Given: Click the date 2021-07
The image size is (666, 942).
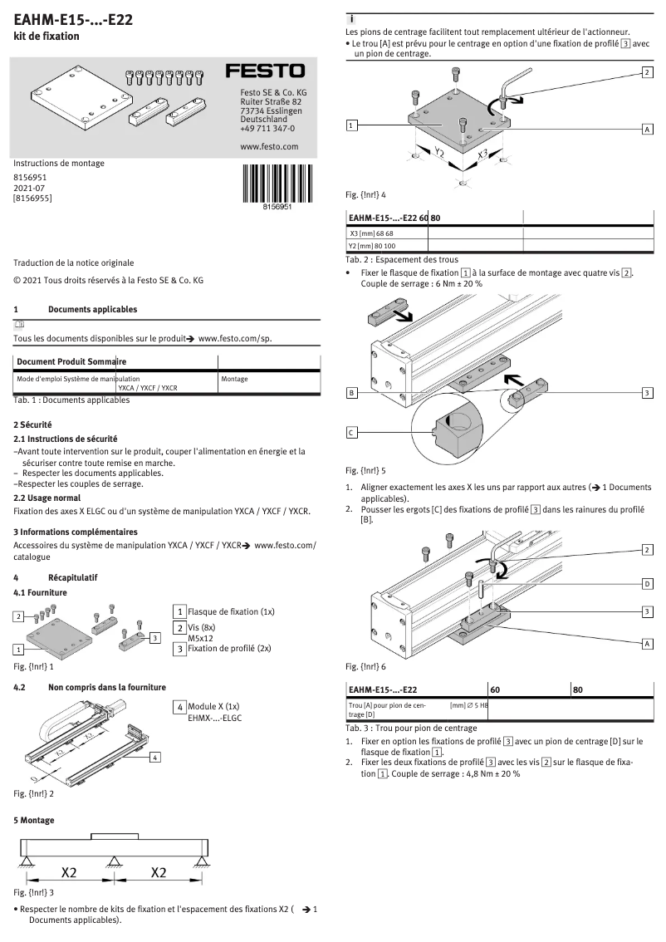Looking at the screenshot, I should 29,189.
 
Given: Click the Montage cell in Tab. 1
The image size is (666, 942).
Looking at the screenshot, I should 235,379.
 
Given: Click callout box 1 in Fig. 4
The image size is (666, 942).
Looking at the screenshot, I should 352,125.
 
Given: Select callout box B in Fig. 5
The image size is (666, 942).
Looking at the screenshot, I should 352,392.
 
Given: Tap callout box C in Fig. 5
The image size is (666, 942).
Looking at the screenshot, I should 352,432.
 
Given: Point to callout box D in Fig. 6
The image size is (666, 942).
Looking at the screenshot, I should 647,584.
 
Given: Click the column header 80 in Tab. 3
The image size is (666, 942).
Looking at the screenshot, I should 578,689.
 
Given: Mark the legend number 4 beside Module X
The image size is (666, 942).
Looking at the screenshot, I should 179,707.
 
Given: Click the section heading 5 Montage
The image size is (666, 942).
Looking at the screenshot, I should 34,820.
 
